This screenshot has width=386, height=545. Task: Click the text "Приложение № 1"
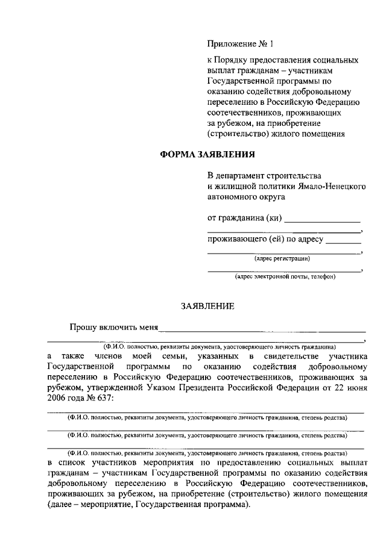(240, 43)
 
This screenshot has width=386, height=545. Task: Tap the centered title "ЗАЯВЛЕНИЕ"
(207, 306)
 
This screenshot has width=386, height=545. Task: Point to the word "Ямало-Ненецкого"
(334, 186)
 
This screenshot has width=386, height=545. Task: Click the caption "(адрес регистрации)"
(282, 259)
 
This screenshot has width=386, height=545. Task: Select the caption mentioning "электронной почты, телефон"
(285, 277)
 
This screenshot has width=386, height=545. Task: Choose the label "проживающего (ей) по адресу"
(265, 239)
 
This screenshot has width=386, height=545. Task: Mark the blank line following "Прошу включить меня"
(262, 330)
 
